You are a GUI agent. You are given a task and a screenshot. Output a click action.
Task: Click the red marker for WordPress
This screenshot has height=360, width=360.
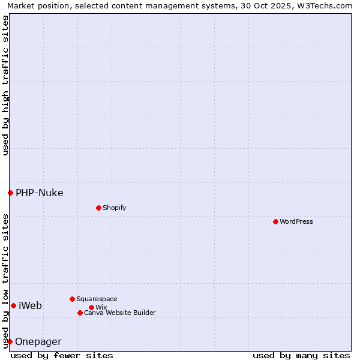tap(275, 221)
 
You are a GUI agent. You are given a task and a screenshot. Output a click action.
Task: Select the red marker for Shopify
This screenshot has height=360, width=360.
tap(98, 208)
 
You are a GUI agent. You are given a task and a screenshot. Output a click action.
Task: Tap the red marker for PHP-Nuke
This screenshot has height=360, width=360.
tap(10, 193)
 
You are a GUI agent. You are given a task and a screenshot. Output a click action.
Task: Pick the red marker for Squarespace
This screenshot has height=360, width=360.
tap(72, 299)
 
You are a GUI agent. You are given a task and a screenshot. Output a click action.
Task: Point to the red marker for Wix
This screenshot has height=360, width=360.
tap(91, 307)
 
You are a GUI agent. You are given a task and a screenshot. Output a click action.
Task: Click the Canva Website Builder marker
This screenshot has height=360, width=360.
tap(80, 313)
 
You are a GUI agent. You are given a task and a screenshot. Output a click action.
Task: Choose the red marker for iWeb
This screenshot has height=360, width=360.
tap(13, 305)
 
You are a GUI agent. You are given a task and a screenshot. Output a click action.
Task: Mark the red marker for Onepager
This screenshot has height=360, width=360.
tap(10, 341)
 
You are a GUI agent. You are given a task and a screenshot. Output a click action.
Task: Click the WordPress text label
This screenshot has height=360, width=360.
tap(296, 221)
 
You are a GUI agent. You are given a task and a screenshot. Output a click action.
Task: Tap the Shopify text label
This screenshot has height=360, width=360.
tap(114, 208)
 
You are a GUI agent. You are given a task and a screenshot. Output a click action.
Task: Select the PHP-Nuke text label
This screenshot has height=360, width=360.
tap(40, 193)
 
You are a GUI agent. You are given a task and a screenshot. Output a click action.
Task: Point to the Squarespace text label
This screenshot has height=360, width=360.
tap(97, 299)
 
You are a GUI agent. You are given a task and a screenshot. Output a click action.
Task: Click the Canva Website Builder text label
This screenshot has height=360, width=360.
tap(120, 313)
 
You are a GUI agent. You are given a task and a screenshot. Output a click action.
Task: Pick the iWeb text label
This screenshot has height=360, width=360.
tap(31, 305)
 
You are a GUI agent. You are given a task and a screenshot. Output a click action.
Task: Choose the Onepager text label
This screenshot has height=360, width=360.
tap(38, 341)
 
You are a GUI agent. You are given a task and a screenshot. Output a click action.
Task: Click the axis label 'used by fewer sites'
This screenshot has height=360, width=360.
tap(62, 355)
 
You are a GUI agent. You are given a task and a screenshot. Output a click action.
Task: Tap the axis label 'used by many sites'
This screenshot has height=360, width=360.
tap(301, 355)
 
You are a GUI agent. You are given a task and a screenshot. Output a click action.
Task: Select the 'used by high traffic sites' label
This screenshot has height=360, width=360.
tap(5, 85)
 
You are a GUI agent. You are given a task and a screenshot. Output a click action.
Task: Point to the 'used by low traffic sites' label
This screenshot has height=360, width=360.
tap(5, 281)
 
